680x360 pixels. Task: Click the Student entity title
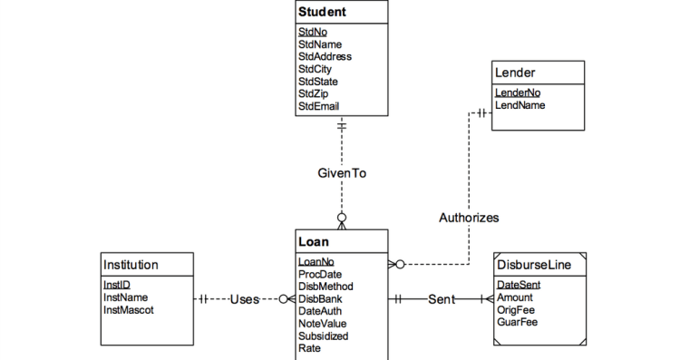point(322,12)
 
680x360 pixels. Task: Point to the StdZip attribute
point(314,94)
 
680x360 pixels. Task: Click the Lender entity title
point(515,72)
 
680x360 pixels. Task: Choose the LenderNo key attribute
point(517,92)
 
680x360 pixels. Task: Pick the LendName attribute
point(520,105)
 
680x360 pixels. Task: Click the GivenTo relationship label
point(342,173)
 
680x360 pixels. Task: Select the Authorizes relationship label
point(469,218)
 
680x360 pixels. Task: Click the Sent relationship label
point(442,298)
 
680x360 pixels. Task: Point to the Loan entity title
point(314,242)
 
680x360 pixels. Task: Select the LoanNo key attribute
point(316,262)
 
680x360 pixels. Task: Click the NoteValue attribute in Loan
point(322,324)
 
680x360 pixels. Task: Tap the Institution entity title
point(131,265)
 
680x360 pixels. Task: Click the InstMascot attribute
point(129,310)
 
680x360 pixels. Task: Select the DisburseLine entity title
point(534,265)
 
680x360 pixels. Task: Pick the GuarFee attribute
point(517,323)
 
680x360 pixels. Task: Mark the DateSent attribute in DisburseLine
point(519,285)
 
